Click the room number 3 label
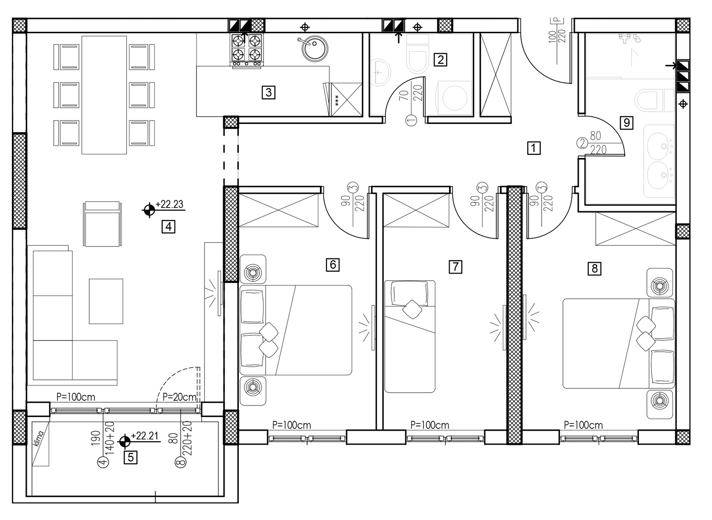269,93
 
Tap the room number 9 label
627,123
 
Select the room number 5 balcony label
131,457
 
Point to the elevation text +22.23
169,204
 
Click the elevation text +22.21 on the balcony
145,435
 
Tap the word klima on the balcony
39,438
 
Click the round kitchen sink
314,49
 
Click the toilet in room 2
417,54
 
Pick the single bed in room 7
410,337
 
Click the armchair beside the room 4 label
103,224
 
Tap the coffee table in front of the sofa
106,301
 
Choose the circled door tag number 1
412,120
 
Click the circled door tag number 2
582,143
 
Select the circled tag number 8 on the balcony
180,462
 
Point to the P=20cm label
179,397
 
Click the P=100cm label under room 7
430,425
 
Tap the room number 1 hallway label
534,148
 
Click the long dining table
104,95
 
